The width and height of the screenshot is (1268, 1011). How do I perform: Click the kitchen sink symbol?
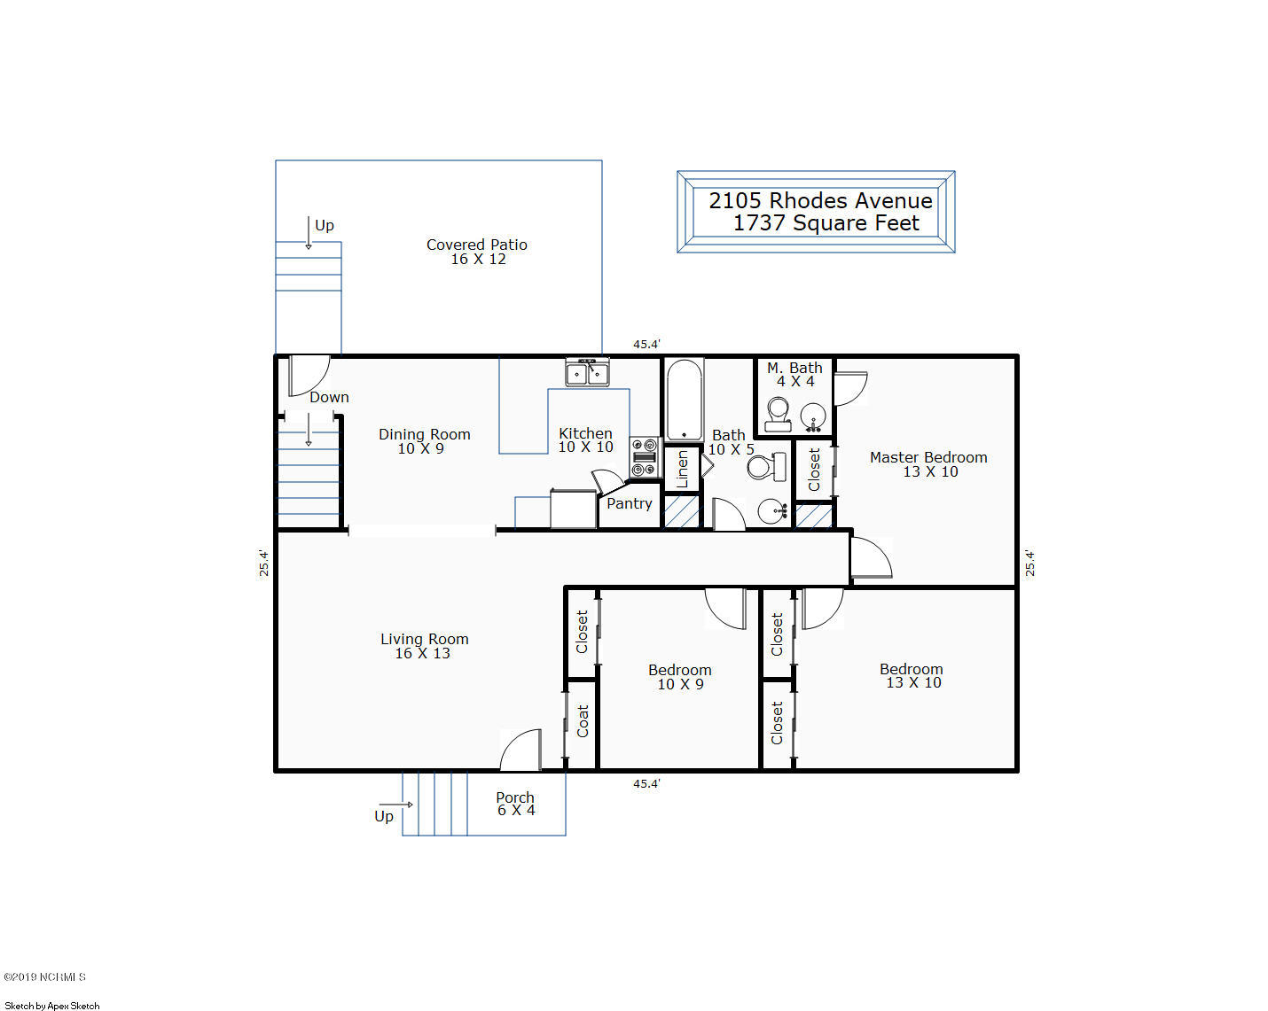588,372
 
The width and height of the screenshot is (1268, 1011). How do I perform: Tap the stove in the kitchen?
644,457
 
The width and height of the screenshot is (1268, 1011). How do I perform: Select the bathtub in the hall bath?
684,400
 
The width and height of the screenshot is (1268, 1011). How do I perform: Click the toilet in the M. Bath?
778,415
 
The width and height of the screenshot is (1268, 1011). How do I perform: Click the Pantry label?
630,504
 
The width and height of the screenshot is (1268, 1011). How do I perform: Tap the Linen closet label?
682,470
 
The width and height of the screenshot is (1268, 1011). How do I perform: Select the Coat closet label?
583,721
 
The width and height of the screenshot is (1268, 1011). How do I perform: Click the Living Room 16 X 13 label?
424,646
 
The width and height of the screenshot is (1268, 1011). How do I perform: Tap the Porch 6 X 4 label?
515,804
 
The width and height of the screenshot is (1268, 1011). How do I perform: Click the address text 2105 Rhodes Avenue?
820,201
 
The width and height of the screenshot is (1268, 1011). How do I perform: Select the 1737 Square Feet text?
826,223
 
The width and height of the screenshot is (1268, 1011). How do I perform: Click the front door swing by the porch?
521,750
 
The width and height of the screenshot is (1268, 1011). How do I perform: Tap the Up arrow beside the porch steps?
395,805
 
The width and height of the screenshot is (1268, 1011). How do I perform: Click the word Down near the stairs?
329,398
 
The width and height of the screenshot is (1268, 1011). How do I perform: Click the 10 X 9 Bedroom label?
680,677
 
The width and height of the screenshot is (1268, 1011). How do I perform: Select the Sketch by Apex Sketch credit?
52,1006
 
